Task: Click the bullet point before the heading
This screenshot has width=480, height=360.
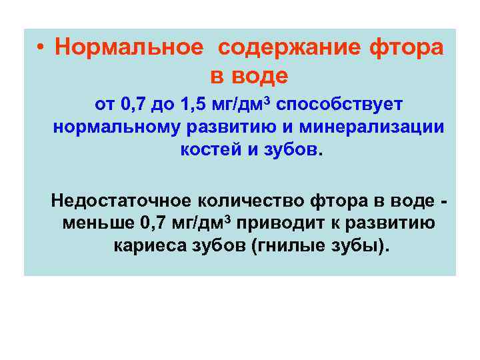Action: coord(41,47)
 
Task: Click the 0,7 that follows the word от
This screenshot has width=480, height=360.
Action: coord(135,105)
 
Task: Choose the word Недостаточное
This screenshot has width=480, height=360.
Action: coord(119,200)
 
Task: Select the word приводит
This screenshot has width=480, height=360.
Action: coord(275,223)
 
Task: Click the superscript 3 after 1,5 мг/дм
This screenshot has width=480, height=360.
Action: coord(269,101)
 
